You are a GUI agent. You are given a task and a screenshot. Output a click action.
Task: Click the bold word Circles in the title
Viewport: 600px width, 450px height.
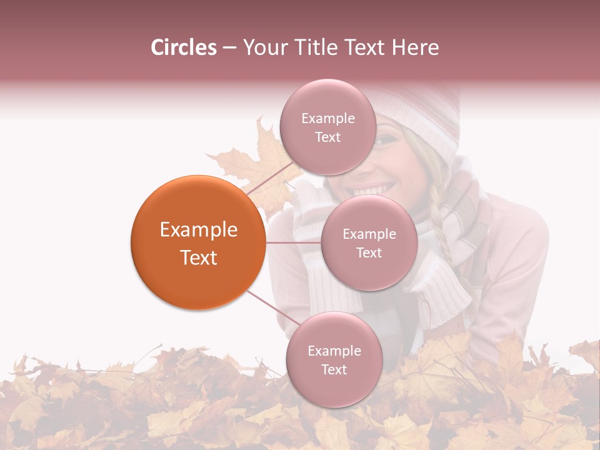(184, 47)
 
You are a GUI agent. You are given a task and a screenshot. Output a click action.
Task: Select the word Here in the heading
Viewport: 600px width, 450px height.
(416, 47)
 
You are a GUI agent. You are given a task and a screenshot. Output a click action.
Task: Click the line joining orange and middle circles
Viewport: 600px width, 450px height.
(293, 242)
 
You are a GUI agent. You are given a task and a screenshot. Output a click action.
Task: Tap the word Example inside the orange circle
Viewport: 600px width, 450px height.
(199, 230)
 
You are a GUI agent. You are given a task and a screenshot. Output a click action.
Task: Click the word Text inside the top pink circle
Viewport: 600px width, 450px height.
(327, 137)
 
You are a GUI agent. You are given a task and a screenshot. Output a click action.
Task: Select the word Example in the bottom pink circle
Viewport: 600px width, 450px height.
(334, 351)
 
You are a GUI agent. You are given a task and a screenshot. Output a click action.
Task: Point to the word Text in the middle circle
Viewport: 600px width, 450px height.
(369, 252)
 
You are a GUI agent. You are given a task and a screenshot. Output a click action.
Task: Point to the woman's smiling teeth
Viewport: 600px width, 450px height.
(378, 187)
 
